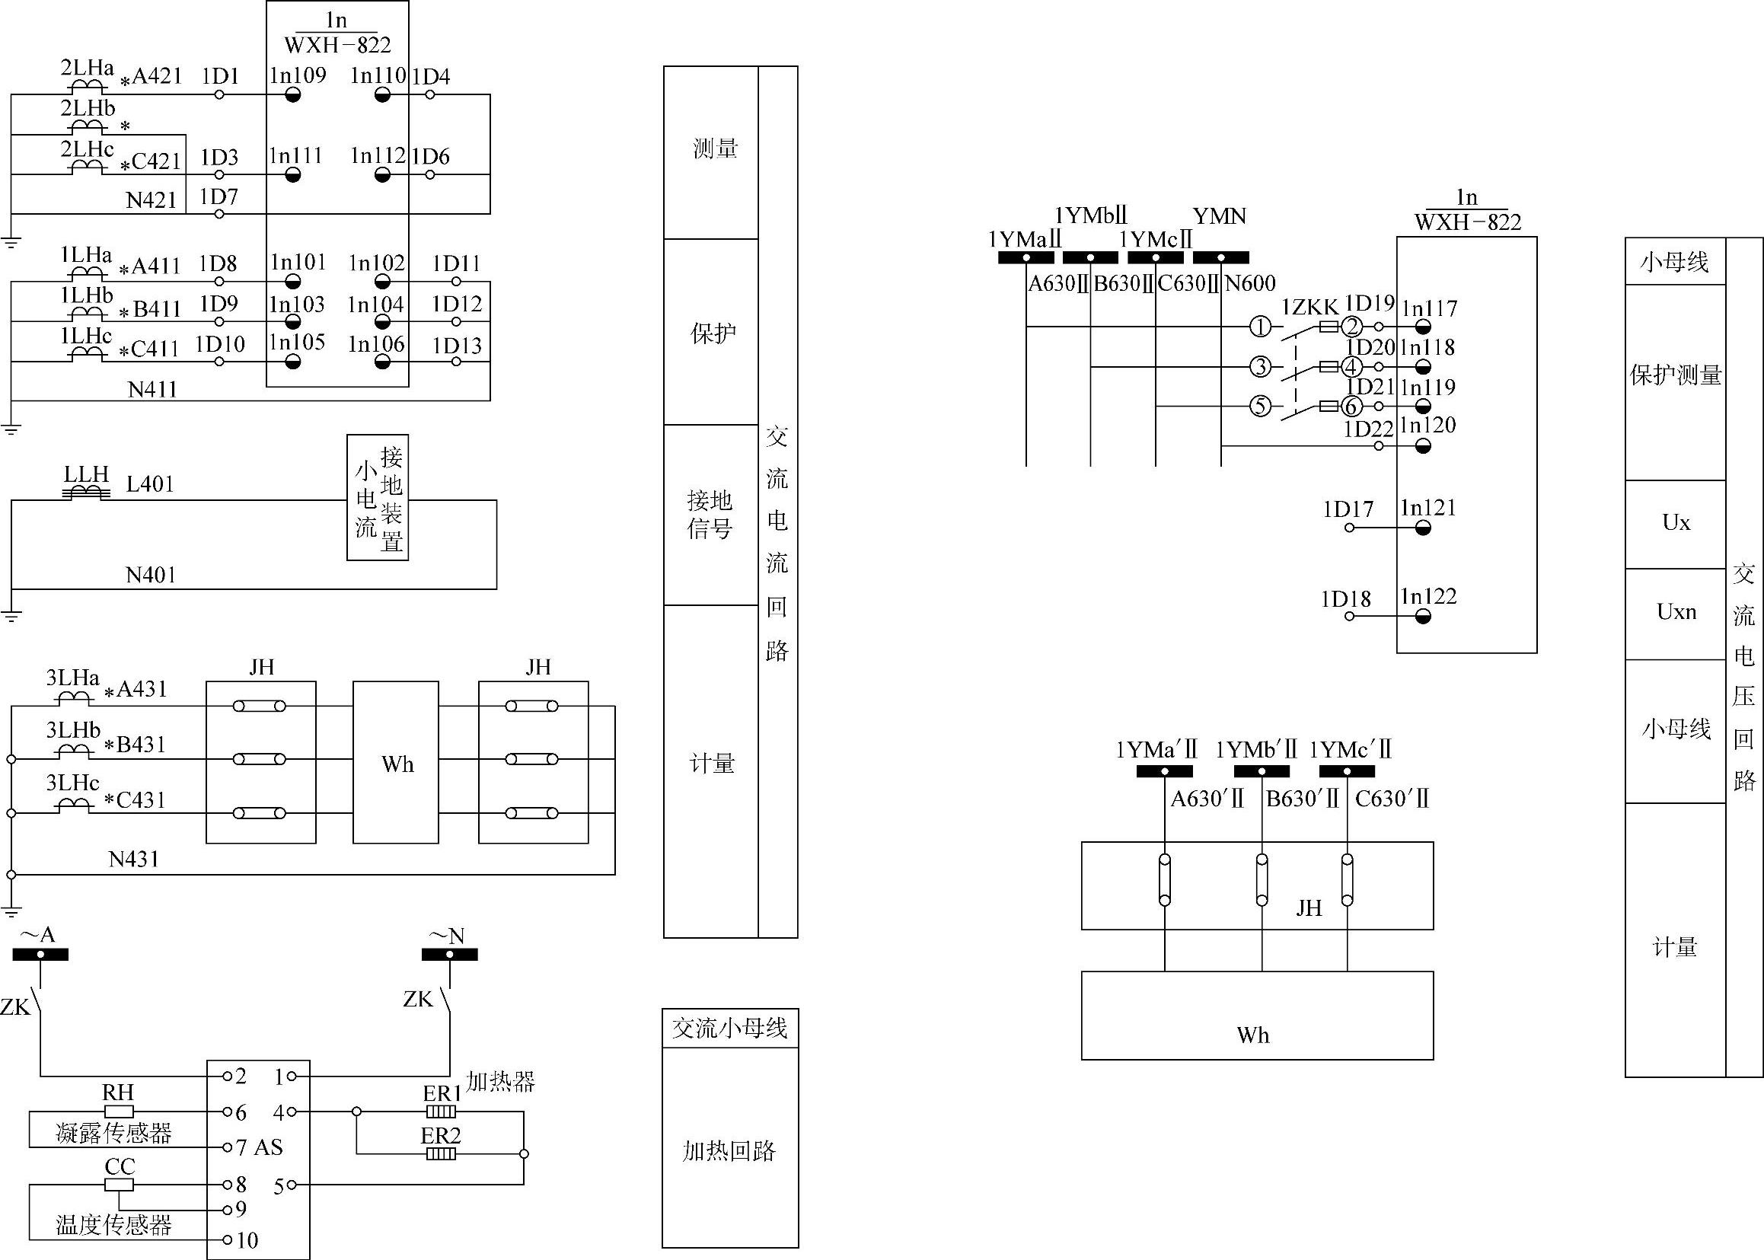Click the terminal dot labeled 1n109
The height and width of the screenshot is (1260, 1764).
tap(292, 95)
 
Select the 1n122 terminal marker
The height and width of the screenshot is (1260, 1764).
tap(1423, 617)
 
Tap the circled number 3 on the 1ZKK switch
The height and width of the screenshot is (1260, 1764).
tap(1261, 366)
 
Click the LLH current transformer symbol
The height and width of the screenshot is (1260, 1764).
tap(86, 493)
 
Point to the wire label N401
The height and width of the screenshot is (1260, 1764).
tap(151, 575)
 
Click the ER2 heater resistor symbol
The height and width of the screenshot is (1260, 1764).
tap(441, 1153)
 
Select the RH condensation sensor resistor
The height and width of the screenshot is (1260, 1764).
tap(118, 1111)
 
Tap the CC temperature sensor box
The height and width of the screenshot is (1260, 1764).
tap(119, 1185)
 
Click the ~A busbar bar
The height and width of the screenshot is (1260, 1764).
tap(40, 955)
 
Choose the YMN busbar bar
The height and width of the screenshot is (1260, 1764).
tap(1220, 257)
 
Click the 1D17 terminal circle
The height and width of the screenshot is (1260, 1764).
tap(1349, 528)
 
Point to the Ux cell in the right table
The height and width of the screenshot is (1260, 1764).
tap(1675, 523)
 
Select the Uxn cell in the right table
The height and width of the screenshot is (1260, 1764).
tap(1675, 612)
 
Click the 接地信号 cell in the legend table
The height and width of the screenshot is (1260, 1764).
tap(710, 514)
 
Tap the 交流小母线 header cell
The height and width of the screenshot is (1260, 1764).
tap(729, 1029)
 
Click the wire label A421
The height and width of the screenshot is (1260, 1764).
tap(157, 76)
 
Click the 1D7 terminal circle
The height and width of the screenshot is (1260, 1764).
tap(219, 213)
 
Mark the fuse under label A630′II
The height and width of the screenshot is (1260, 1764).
tap(1163, 880)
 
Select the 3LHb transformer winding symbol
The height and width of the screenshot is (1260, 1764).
tap(73, 751)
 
